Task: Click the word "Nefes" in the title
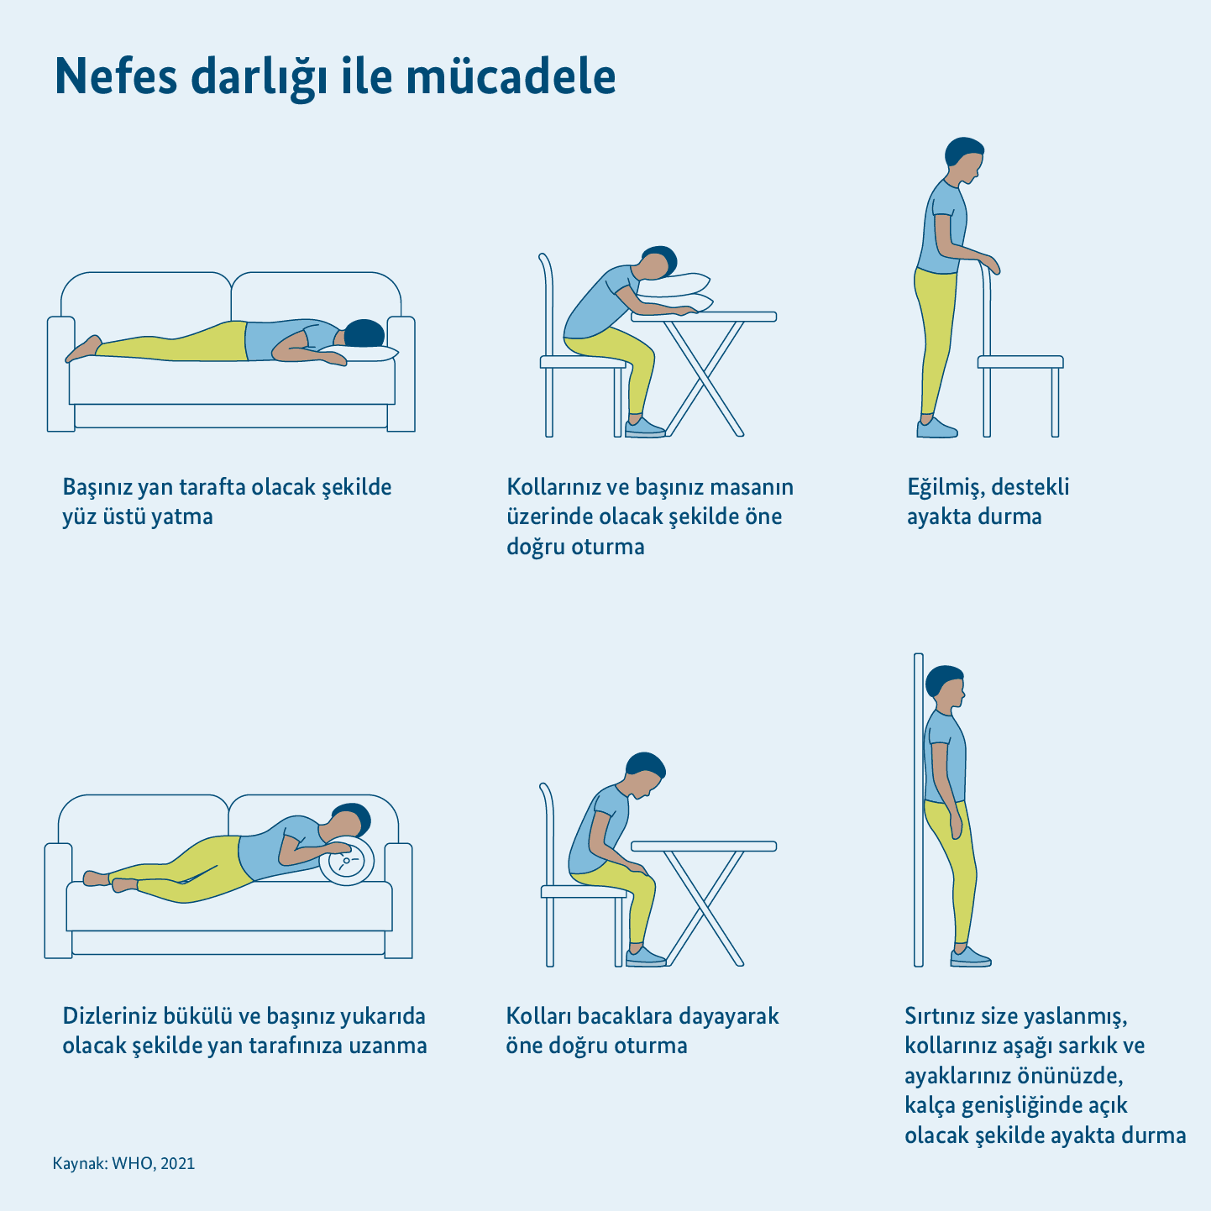point(116,76)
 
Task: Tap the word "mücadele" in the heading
point(511,76)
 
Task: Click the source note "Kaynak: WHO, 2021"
point(123,1163)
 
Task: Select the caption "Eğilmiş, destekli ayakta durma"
point(988,501)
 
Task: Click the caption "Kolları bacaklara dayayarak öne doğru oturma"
point(642,1030)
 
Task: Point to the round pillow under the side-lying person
point(348,861)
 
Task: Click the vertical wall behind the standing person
point(918,810)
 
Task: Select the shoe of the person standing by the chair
point(936,428)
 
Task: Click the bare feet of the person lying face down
point(84,349)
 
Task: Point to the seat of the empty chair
point(1020,361)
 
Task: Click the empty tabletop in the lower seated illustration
point(704,846)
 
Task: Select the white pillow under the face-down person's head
point(359,353)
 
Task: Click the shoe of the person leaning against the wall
point(970,957)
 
